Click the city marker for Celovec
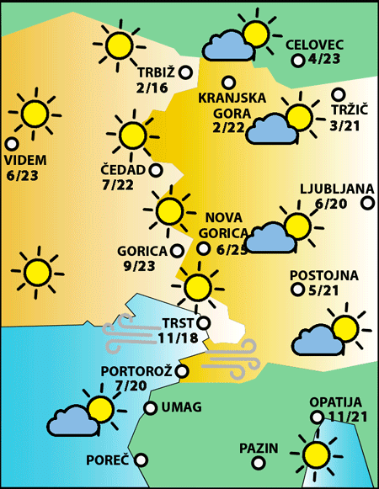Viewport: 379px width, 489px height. coord(297,61)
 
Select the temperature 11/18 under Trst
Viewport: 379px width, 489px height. coord(176,338)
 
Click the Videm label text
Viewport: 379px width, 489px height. coord(25,161)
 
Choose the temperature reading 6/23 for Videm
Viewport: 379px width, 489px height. coord(23,176)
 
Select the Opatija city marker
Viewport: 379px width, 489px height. coord(317,417)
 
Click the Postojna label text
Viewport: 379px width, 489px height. coord(324,275)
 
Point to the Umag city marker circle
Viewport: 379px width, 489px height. coord(150,408)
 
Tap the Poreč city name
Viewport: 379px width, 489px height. coord(108,460)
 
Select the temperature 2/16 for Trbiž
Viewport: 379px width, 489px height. coord(152,88)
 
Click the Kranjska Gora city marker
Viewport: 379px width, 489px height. coord(228,82)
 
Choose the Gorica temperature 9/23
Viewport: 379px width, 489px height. coord(140,266)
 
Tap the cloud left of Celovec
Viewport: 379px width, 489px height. coord(225,45)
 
